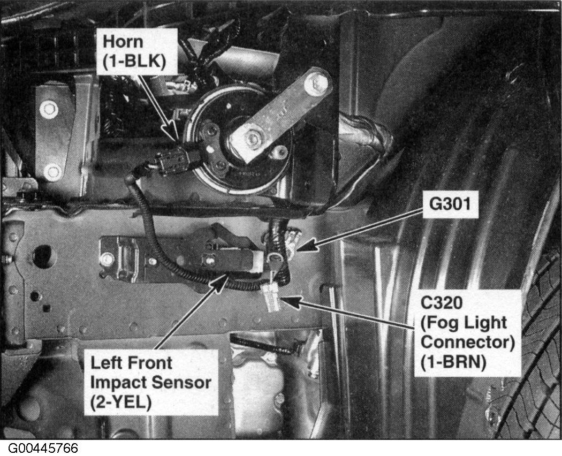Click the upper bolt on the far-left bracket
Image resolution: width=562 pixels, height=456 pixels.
49,110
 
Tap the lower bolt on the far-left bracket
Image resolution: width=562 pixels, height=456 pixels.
52,172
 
